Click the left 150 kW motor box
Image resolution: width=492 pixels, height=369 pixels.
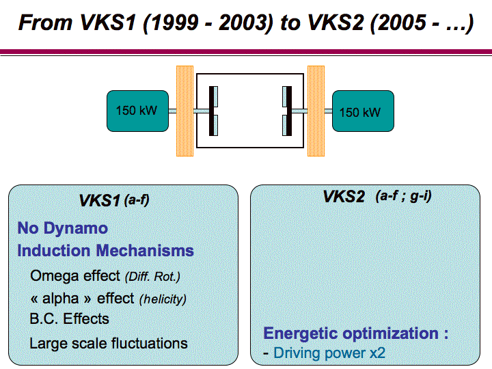137,111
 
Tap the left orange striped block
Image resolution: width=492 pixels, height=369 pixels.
185,110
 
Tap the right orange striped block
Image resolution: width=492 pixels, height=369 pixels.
316,110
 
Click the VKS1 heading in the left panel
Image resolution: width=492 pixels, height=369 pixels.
99,201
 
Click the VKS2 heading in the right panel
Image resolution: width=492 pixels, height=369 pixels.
344,197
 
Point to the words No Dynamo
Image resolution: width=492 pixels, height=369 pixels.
63,228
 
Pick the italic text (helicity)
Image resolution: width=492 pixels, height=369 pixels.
163,299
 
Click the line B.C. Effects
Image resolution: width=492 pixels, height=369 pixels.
69,319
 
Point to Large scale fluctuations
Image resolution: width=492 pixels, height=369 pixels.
109,343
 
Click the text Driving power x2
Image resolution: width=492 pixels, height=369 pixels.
329,353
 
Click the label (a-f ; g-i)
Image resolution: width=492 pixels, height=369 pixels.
403,197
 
